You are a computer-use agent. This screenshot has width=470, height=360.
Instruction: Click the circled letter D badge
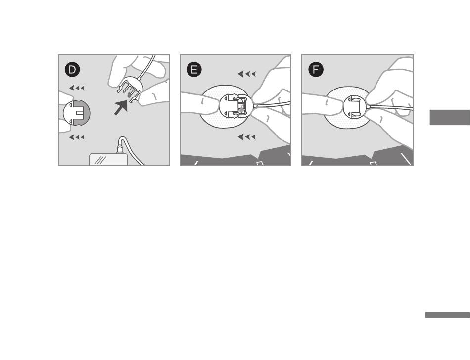coord(72,70)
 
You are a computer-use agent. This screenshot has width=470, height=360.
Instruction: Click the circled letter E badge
coord(194,70)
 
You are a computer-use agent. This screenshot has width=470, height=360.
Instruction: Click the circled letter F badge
coord(316,70)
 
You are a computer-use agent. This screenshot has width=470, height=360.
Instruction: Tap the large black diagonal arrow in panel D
coord(121,107)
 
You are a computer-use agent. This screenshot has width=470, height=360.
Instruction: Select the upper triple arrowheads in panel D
coord(77,88)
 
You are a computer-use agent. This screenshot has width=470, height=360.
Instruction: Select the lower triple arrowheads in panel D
coord(77,137)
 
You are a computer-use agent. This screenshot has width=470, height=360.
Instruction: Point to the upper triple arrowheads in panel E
coord(247,74)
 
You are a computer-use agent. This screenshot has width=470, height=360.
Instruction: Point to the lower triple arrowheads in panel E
coord(247,137)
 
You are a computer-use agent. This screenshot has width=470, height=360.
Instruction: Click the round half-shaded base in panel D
coord(76,113)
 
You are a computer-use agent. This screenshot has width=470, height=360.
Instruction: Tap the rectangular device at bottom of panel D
coord(108,159)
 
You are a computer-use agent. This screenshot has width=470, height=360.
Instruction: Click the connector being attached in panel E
coord(236,107)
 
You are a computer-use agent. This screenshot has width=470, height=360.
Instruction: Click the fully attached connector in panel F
coord(355,107)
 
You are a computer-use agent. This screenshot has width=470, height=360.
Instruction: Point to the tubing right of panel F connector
coord(390,107)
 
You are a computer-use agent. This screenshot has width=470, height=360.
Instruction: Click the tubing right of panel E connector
coord(272,104)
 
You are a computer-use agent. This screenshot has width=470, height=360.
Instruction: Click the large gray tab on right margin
coord(450,117)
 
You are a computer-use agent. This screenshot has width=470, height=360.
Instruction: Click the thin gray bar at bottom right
coord(447,315)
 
